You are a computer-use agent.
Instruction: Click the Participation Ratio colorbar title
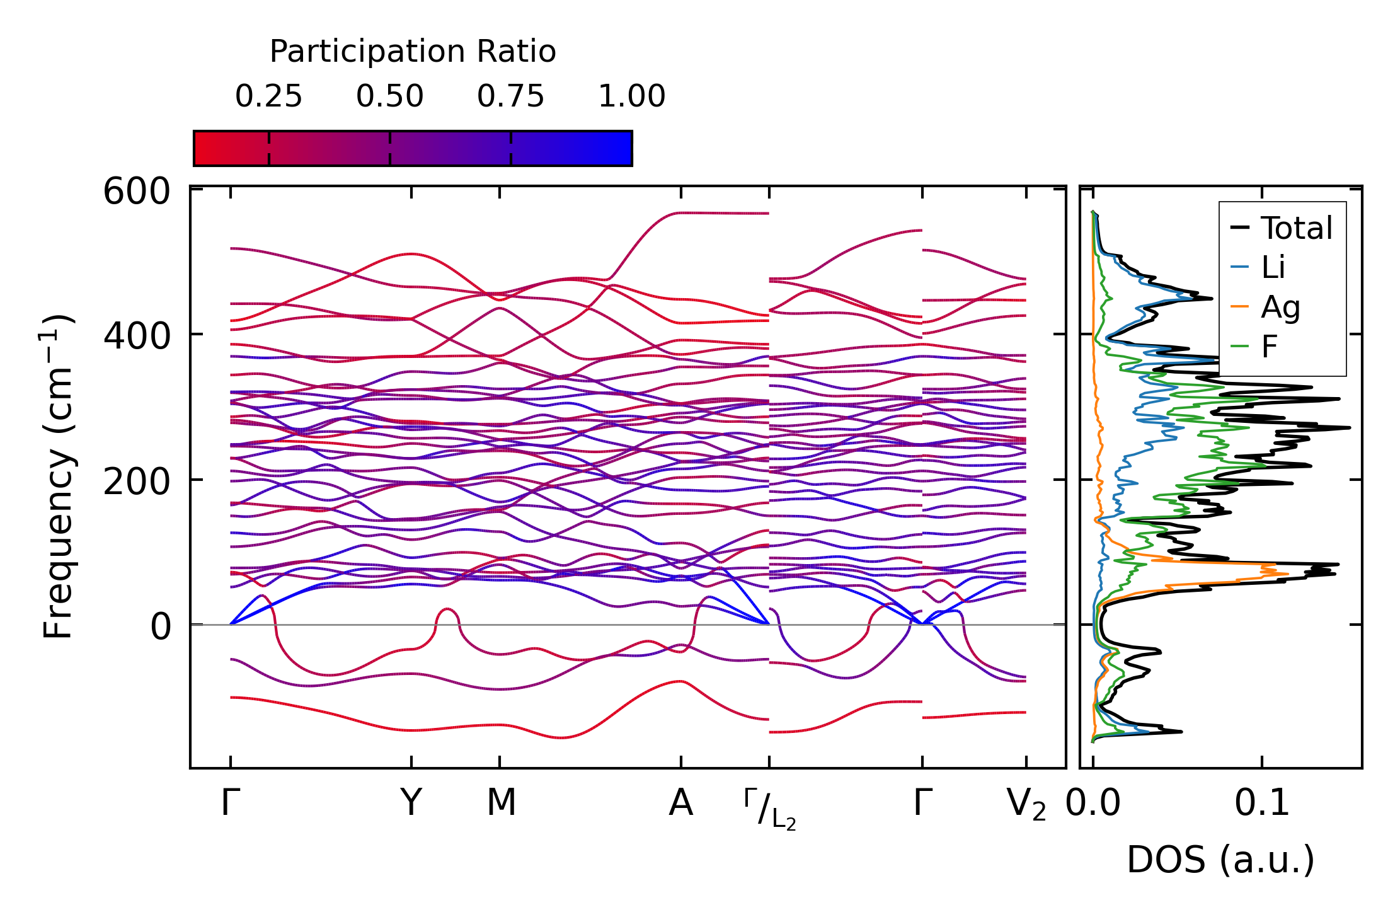point(413,52)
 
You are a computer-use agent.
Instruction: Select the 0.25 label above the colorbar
point(268,96)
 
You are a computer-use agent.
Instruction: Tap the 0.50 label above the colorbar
point(389,96)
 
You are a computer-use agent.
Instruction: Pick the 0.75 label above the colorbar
point(510,96)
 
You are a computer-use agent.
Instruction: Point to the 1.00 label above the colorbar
point(631,96)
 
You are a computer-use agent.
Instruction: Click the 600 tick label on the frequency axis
point(137,192)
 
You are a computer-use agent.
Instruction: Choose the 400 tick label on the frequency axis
point(137,336)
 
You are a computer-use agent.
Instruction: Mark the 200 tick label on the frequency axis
point(137,482)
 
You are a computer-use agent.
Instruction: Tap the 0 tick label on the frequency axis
point(161,626)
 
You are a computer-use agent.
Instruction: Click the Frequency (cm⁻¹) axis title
point(58,476)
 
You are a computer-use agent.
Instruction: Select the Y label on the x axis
point(411,804)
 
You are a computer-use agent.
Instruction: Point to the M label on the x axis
point(501,804)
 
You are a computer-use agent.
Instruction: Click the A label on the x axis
point(680,804)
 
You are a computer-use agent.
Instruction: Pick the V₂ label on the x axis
point(1026,805)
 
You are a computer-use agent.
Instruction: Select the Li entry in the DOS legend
point(1273,268)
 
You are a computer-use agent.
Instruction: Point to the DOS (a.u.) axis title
point(1220,860)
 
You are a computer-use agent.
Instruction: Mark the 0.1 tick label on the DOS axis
point(1261,804)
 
